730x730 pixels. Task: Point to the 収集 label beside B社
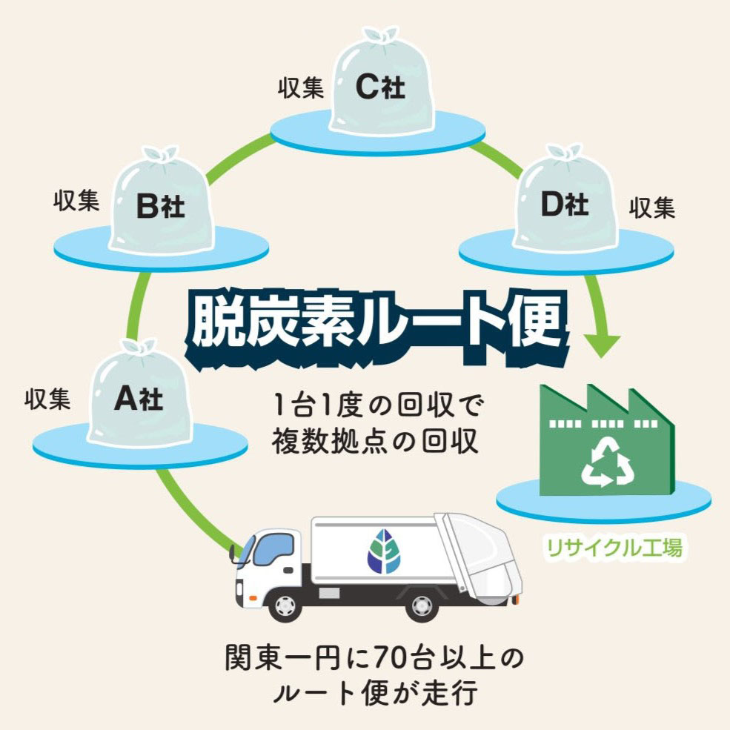[76, 202]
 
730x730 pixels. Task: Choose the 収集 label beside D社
[652, 208]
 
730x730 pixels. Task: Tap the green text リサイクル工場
[613, 548]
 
